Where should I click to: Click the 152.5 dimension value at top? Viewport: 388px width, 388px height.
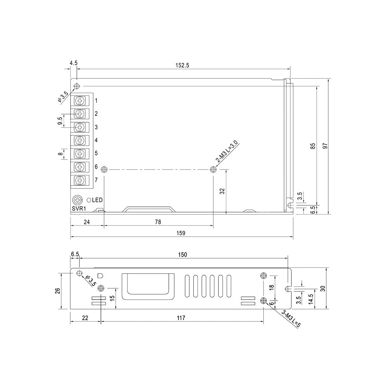click(182, 65)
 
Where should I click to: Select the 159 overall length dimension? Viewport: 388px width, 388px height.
click(181, 233)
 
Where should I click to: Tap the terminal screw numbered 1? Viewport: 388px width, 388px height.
click(80, 100)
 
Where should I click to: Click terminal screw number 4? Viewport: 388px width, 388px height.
click(80, 140)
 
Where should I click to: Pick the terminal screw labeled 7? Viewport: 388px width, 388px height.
click(80, 180)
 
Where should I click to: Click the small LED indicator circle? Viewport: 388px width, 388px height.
click(89, 200)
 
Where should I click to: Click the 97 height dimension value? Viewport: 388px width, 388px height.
click(326, 146)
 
